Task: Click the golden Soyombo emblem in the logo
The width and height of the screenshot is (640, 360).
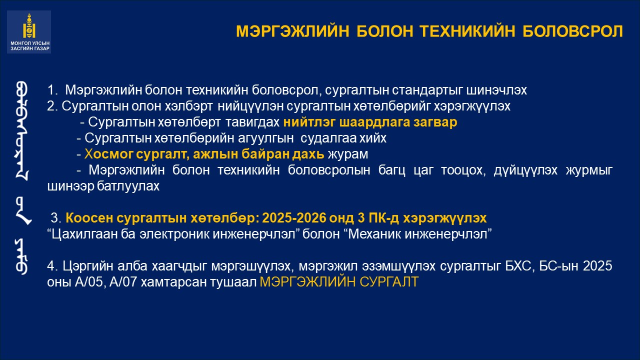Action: (x=29, y=25)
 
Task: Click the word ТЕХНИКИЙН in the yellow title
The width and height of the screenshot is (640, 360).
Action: (x=467, y=31)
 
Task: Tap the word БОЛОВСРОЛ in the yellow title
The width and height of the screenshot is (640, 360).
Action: (x=573, y=31)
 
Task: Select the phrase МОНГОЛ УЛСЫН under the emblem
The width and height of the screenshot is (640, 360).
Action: (x=30, y=43)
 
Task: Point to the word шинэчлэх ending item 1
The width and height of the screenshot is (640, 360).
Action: (x=496, y=90)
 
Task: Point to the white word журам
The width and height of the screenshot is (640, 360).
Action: (x=347, y=154)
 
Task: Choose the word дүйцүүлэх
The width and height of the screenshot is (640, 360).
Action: (x=525, y=170)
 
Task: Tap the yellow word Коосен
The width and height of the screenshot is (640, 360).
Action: (x=89, y=218)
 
